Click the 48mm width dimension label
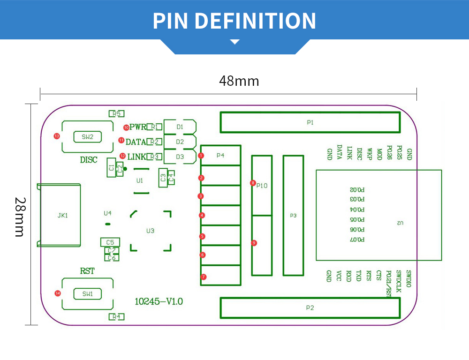coord(239,81)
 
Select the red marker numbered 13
coord(57,136)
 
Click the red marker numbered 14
coord(58,293)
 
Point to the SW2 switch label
coord(88,137)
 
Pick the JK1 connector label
coord(62,216)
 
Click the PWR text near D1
coord(138,127)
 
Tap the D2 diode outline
coord(180,142)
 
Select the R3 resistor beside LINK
coord(154,157)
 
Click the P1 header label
coord(310,122)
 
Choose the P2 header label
coord(310,308)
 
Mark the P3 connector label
coord(293,216)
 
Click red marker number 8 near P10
coord(253,183)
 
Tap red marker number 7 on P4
coord(203,277)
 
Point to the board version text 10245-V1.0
coord(159,301)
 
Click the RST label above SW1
coord(87,271)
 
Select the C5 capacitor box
coord(110,242)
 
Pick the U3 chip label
coord(150,231)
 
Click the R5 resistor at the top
coord(116,113)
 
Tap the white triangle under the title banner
coord(235,42)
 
